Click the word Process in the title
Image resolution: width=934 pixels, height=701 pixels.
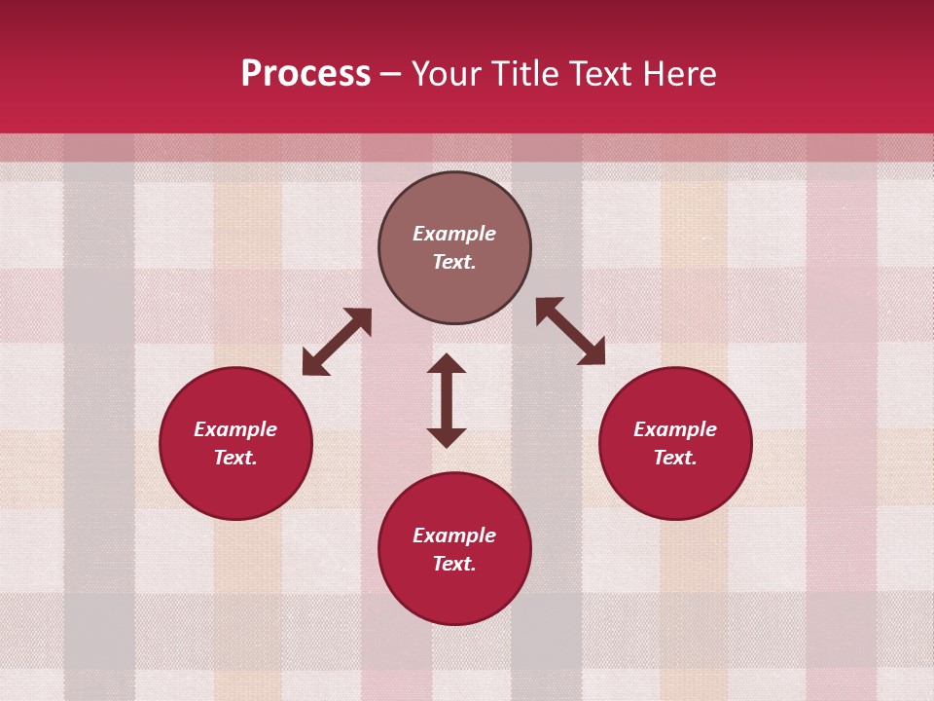pyautogui.click(x=305, y=74)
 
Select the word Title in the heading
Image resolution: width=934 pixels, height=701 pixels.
pyautogui.click(x=527, y=74)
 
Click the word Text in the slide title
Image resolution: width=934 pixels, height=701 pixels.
pyautogui.click(x=603, y=74)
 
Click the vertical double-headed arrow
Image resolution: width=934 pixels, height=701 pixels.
pyautogui.click(x=447, y=400)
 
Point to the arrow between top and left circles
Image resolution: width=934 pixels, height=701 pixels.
pyautogui.click(x=337, y=342)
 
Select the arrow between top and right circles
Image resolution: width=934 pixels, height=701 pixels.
pyautogui.click(x=570, y=331)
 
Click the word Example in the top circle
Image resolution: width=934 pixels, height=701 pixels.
pyautogui.click(x=454, y=234)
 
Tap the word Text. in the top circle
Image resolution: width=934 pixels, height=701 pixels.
pyautogui.click(x=454, y=262)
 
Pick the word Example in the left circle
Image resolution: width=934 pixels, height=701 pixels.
pyautogui.click(x=235, y=429)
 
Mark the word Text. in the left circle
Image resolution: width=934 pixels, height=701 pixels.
pyautogui.click(x=235, y=458)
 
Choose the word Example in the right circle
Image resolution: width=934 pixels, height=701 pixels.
pyautogui.click(x=675, y=429)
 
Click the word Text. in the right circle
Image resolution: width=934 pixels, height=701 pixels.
pyautogui.click(x=675, y=458)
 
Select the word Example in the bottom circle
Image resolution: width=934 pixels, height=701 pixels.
pyautogui.click(x=454, y=535)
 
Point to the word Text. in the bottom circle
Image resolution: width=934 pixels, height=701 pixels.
pyautogui.click(x=454, y=564)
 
